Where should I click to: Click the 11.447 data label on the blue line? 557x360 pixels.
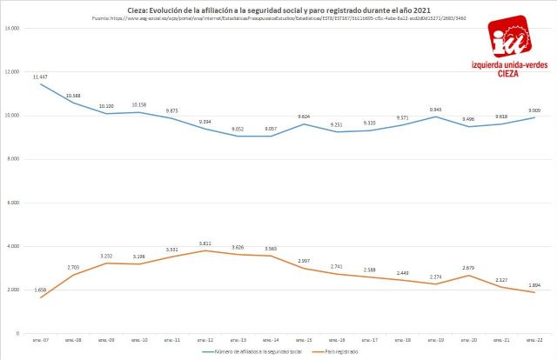pos(40,77)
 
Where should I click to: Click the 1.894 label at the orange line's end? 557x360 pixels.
pos(534,284)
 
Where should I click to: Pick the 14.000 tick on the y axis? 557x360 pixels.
pos(12,29)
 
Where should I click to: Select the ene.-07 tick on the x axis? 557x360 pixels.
pos(40,340)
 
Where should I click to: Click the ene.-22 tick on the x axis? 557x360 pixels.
pos(534,340)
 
